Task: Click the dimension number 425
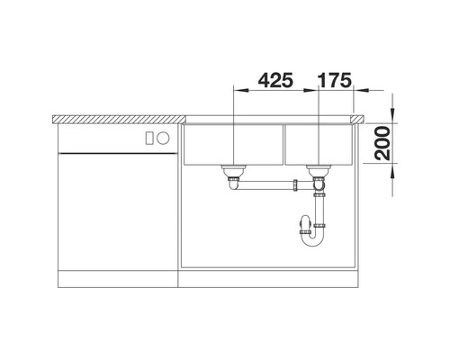pyautogui.click(x=275, y=80)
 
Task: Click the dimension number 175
pyautogui.click(x=334, y=80)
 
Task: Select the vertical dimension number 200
pyautogui.click(x=382, y=143)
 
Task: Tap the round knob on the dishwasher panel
pyautogui.click(x=164, y=138)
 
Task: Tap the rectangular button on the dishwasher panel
pyautogui.click(x=149, y=138)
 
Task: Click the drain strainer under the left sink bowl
pyautogui.click(x=234, y=170)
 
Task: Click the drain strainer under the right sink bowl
pyautogui.click(x=318, y=170)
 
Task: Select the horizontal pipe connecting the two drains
pyautogui.click(x=265, y=185)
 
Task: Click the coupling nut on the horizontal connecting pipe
pyautogui.click(x=296, y=185)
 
